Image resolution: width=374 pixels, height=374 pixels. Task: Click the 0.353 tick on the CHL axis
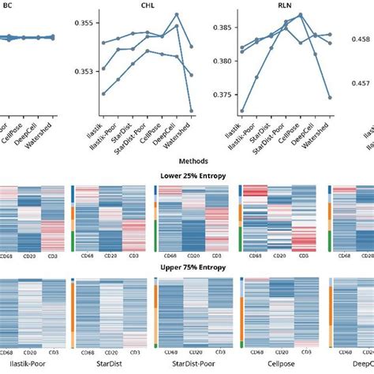pos(83,72)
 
